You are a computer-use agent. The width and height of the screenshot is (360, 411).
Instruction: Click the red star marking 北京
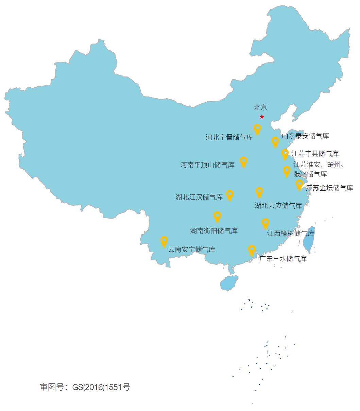click(262, 117)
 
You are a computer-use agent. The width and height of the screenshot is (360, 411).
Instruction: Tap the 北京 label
click(260, 107)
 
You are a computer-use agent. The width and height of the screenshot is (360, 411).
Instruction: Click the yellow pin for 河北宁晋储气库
click(257, 129)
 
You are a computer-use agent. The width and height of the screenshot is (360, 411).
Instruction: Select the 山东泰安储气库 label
click(305, 136)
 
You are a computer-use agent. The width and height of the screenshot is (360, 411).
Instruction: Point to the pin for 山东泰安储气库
click(275, 142)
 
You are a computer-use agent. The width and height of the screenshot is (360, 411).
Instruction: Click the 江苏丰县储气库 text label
click(315, 154)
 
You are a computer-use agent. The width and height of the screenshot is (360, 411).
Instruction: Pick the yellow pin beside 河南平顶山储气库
click(243, 162)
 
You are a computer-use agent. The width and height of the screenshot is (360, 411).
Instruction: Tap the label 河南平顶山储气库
click(207, 165)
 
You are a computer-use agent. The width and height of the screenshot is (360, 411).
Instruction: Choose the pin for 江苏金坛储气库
click(299, 185)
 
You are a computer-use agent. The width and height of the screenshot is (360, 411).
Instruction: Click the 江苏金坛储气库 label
click(329, 188)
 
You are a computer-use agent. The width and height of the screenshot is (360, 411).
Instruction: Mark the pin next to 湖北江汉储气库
click(230, 195)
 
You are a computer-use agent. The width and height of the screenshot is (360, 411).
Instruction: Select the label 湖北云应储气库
click(278, 206)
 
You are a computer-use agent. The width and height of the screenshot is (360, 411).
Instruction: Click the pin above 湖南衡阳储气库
click(217, 217)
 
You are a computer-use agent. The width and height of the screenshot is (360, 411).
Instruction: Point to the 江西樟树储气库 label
click(291, 234)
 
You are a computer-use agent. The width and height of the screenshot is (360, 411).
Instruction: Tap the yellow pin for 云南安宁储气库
click(164, 241)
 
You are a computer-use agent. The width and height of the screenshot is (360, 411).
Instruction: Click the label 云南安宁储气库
click(192, 250)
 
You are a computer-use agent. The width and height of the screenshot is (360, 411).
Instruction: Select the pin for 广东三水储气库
click(252, 250)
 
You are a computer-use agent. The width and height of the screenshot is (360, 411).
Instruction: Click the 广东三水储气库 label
click(283, 259)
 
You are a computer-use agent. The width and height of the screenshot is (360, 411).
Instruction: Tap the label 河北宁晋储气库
click(229, 138)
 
